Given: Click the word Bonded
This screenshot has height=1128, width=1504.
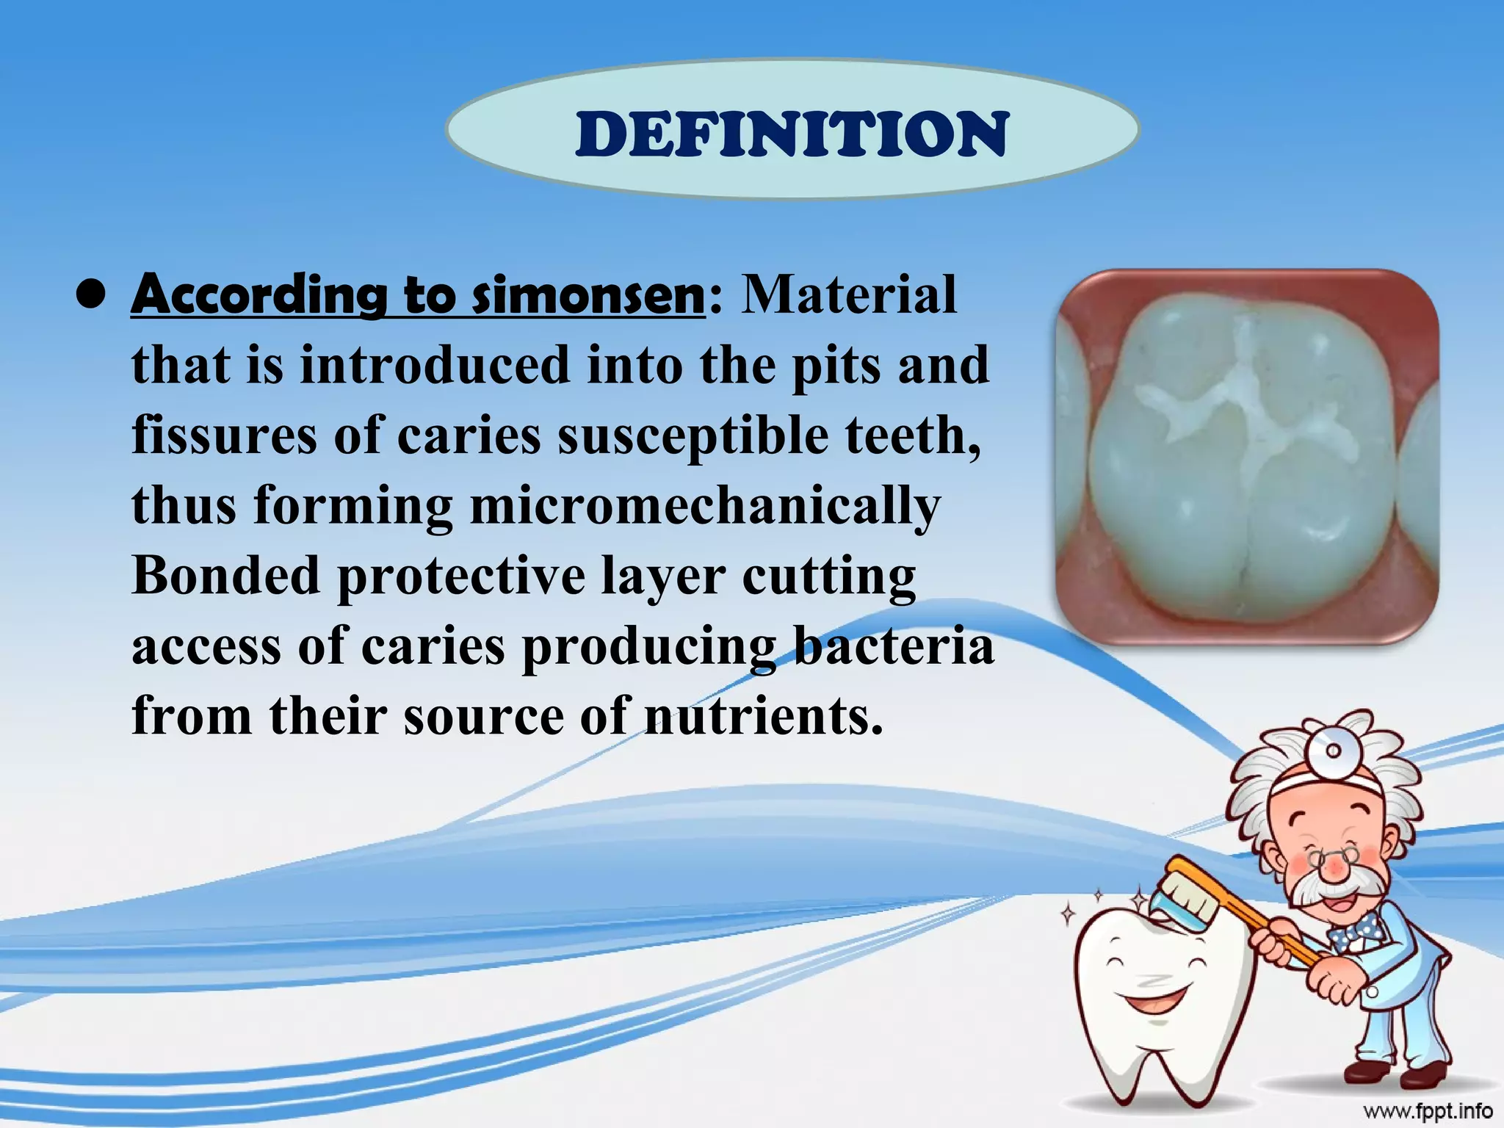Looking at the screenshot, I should tap(226, 575).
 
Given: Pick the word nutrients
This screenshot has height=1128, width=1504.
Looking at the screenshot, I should tap(764, 715).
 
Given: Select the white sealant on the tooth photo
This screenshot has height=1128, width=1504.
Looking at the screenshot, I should tap(1241, 404).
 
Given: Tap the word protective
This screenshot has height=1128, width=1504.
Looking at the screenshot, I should tap(461, 575).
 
